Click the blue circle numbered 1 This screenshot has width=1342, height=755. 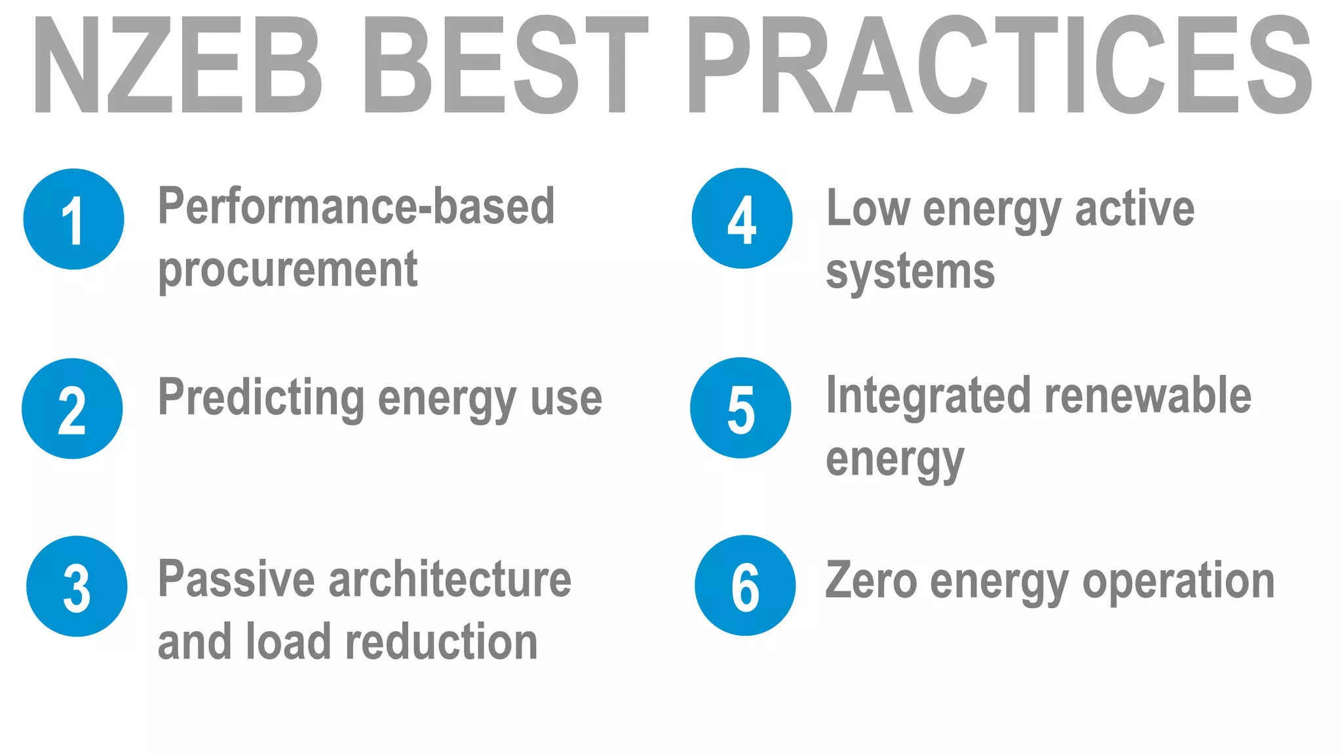73,219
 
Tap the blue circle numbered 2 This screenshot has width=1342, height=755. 72,408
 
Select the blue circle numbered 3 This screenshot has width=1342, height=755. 77,586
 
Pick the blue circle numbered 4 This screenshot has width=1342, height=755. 742,218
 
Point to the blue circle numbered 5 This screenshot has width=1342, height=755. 740,408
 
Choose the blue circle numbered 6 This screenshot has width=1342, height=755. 745,585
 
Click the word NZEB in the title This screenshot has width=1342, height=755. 177,66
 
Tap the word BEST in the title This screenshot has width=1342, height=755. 505,66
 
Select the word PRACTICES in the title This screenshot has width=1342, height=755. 999,66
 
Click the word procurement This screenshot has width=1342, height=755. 288,269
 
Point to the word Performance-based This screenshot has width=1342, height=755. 356,206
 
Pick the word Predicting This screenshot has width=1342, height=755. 261,398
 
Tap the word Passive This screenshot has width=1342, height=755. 236,579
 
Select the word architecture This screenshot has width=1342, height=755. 450,579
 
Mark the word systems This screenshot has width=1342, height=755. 910,271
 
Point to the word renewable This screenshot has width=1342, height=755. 1147,396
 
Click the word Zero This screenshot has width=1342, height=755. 871,581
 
